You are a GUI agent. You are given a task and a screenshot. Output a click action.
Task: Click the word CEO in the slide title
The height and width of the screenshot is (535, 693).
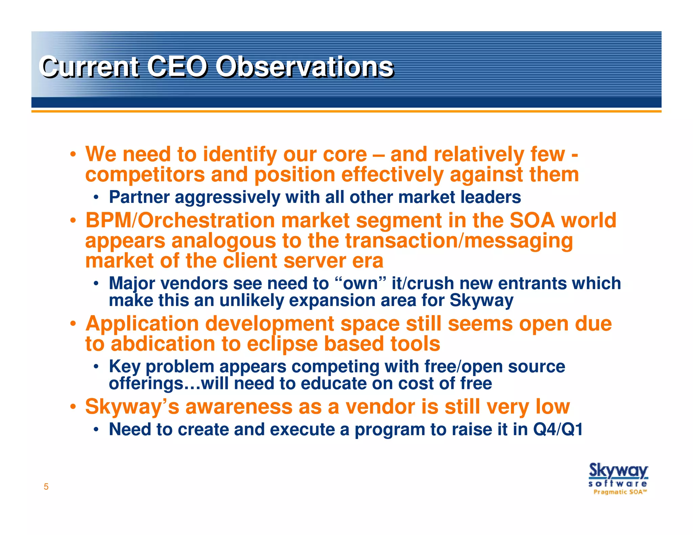177,66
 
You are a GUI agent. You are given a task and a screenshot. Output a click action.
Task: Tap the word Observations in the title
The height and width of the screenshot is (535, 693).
304,66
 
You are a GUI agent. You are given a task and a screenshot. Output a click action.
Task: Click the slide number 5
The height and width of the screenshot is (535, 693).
46,487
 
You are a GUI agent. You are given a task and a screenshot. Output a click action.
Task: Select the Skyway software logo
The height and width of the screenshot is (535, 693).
618,475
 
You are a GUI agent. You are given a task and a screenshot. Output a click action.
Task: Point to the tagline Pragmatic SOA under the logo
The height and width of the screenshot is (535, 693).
620,492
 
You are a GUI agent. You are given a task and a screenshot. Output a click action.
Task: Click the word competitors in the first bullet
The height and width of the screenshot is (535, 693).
145,175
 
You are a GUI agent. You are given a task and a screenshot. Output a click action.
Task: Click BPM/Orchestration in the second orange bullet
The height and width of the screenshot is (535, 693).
180,220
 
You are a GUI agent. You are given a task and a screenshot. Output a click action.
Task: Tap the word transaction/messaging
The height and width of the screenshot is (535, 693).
459,241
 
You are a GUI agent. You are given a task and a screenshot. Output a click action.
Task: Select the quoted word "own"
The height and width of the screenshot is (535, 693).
360,283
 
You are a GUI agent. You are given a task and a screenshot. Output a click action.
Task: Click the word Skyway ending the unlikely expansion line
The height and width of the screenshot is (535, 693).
481,300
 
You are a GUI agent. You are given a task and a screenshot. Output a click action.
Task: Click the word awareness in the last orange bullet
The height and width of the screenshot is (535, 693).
239,406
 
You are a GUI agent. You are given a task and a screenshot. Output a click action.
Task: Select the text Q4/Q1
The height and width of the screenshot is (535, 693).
558,429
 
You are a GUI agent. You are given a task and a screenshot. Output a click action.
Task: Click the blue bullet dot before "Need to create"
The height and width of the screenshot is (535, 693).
96,430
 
